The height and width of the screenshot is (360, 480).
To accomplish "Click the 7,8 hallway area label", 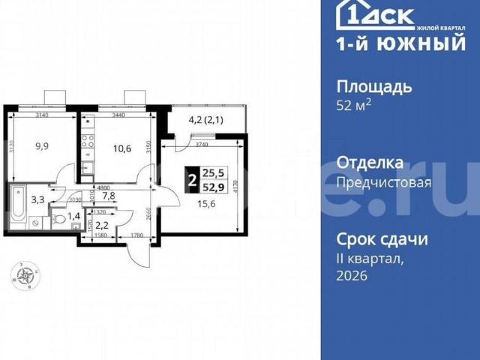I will pyautogui.click(x=108, y=196).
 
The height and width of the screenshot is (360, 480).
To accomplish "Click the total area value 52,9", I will pyautogui.click(x=214, y=187).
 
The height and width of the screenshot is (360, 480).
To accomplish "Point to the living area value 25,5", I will pyautogui.click(x=214, y=172).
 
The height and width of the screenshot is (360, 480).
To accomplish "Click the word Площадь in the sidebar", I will pyautogui.click(x=373, y=86).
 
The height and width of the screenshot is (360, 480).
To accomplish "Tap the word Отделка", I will pyautogui.click(x=370, y=163).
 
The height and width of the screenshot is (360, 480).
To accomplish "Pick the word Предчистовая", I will pyautogui.click(x=383, y=182).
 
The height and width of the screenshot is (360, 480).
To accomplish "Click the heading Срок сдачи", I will pyautogui.click(x=382, y=240).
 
